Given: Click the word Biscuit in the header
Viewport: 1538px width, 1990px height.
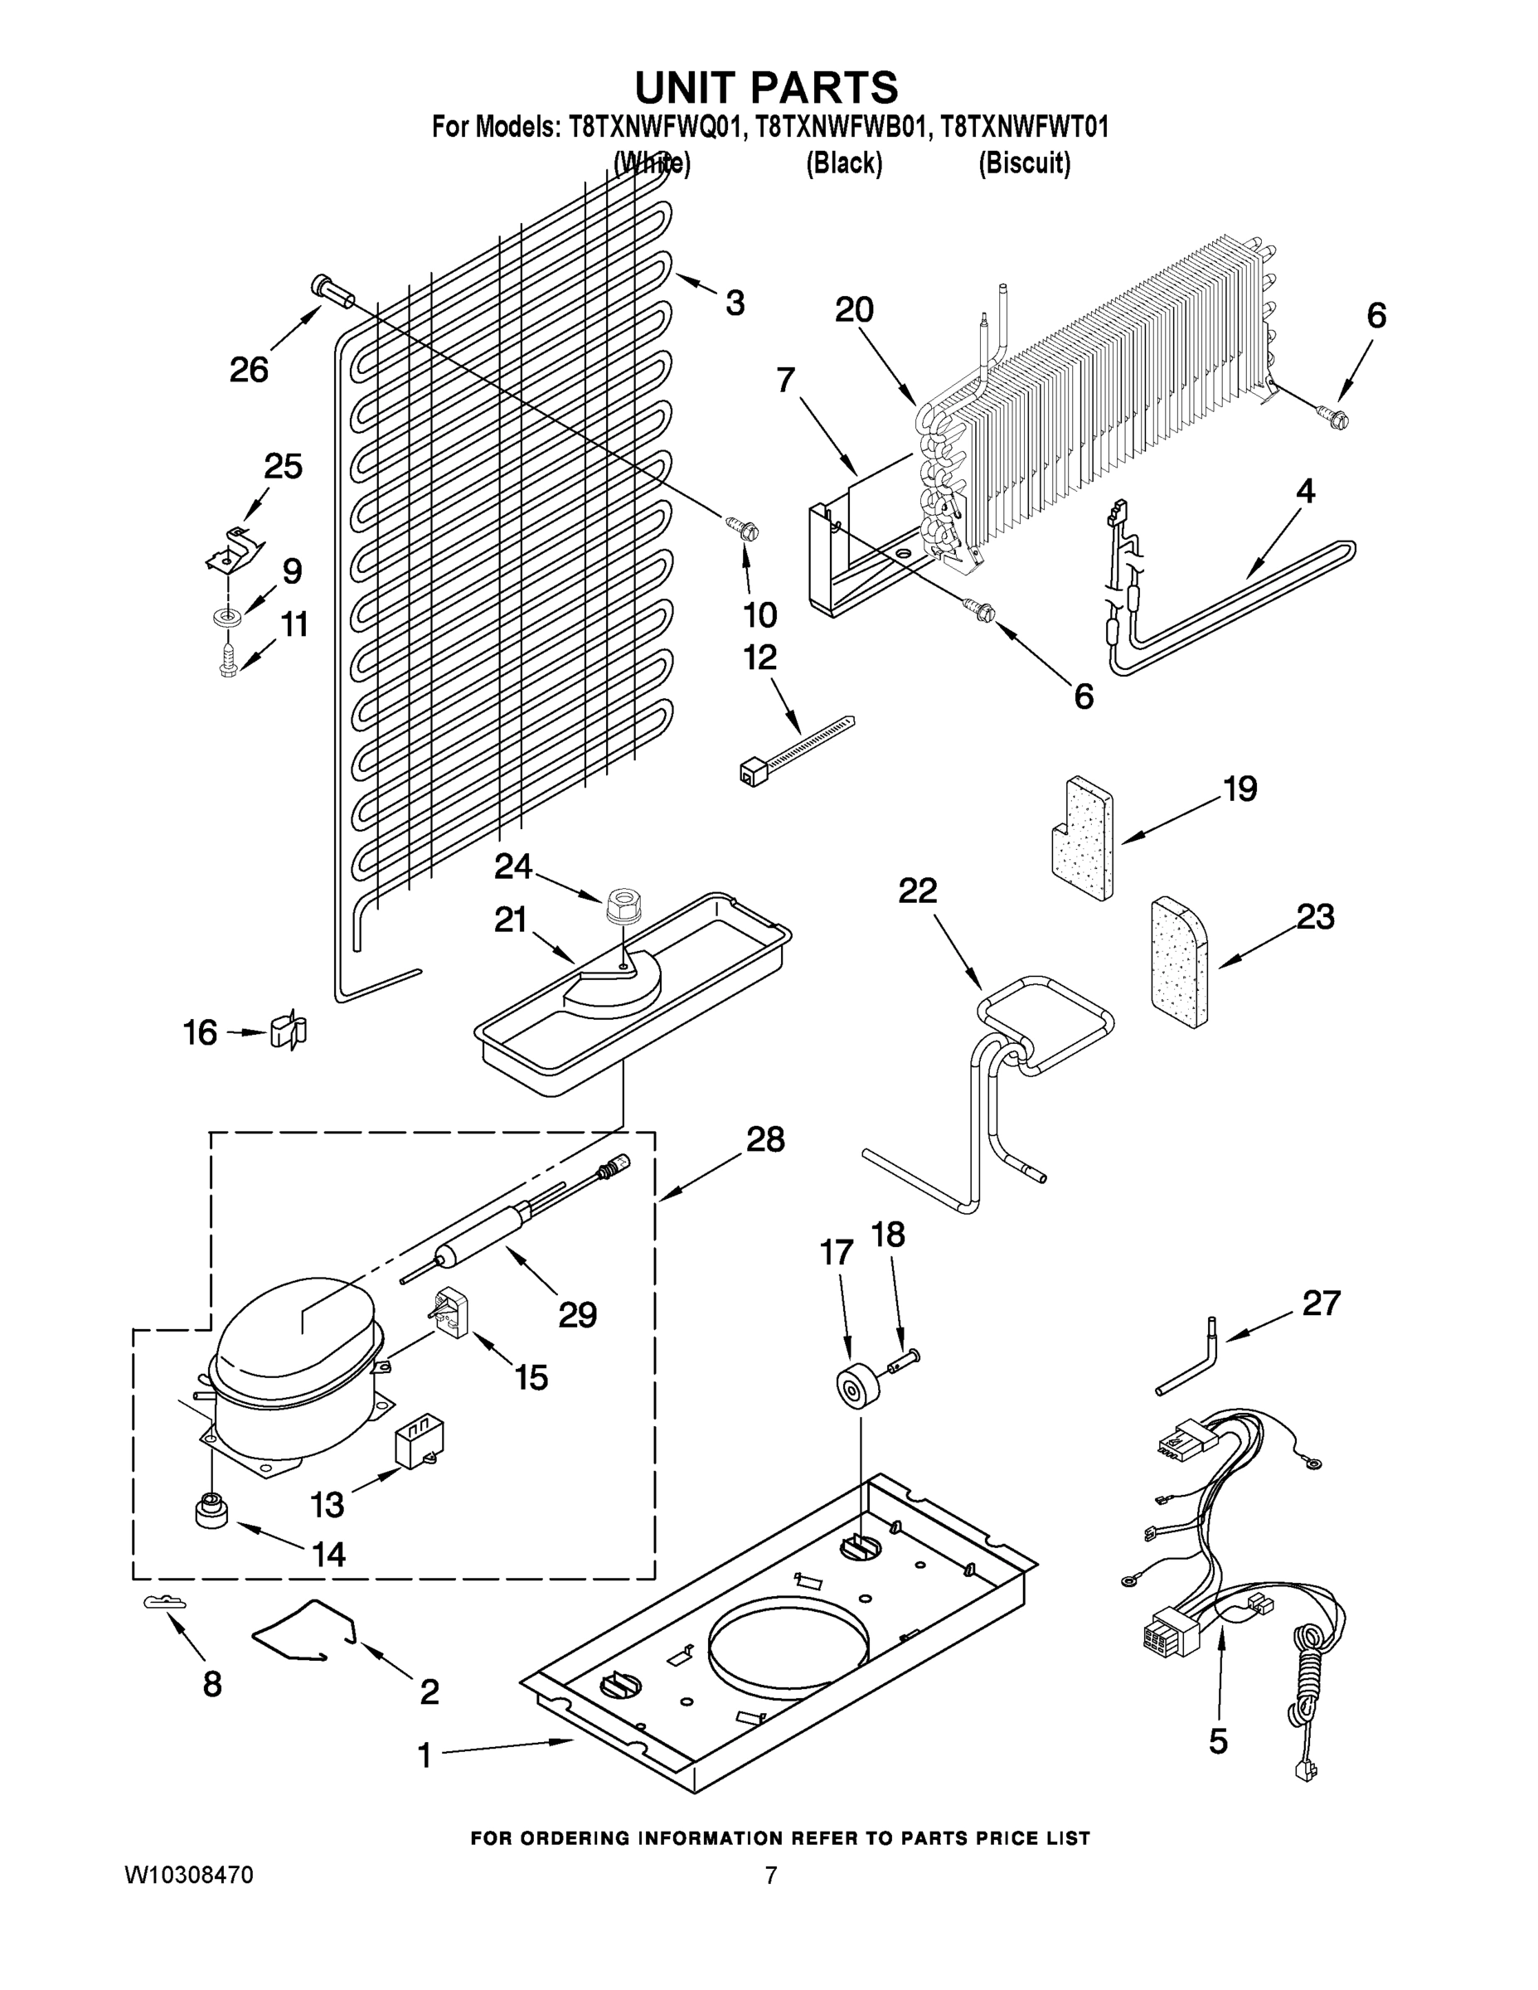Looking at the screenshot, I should (1024, 163).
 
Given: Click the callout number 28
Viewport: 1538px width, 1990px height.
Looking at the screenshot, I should (764, 1139).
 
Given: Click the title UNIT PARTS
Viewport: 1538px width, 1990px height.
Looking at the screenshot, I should (766, 89).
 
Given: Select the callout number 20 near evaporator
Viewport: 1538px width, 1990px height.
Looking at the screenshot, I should (854, 310).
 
